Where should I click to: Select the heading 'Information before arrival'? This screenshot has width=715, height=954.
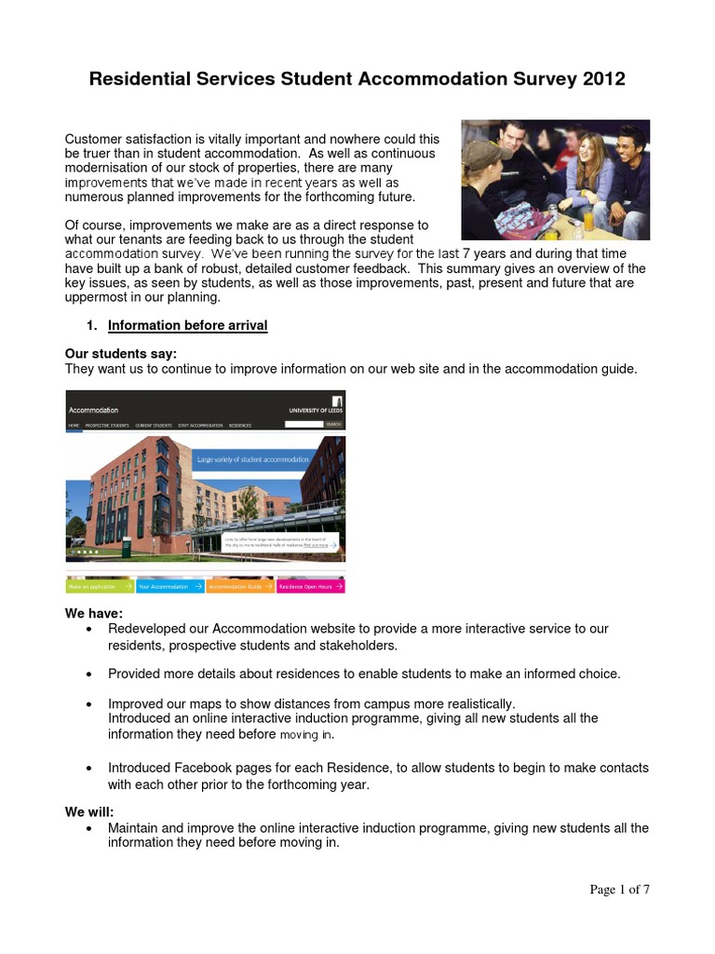(x=187, y=325)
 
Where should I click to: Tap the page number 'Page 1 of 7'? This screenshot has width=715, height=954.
(x=619, y=890)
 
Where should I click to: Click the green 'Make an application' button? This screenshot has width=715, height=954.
(x=99, y=587)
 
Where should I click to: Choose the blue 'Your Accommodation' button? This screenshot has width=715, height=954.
(x=169, y=587)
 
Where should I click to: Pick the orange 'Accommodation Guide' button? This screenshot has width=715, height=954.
(x=240, y=587)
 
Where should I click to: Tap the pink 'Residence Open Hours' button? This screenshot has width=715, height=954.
(x=310, y=587)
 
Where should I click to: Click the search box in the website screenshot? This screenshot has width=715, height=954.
(x=304, y=424)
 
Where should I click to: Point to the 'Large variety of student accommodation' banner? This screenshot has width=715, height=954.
(x=252, y=460)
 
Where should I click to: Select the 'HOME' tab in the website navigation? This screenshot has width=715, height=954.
(x=74, y=425)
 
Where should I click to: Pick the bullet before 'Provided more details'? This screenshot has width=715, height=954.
(x=88, y=674)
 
